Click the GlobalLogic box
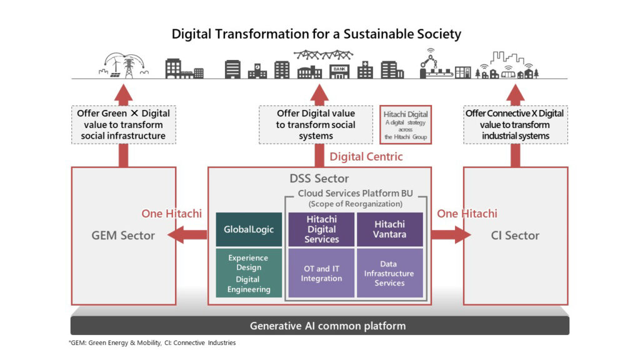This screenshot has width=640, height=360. (x=249, y=229)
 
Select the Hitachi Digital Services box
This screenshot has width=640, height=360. (x=321, y=229)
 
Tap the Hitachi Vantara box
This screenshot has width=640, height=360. (x=389, y=229)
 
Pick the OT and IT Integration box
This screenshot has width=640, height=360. (x=321, y=273)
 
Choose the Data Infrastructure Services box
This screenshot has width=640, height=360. (x=389, y=273)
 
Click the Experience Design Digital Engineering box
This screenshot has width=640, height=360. (x=249, y=273)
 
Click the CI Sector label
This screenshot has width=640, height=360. (x=515, y=236)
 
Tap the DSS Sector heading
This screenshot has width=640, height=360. (x=319, y=179)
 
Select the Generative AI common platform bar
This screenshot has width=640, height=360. (x=319, y=326)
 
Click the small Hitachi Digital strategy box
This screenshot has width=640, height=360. (x=406, y=124)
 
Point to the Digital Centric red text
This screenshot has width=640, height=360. (x=366, y=156)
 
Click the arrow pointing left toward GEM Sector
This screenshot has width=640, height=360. (x=189, y=235)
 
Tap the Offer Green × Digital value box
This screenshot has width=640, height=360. (x=123, y=124)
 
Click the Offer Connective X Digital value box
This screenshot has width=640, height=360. (x=515, y=124)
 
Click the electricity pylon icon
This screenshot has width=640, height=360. (x=129, y=65)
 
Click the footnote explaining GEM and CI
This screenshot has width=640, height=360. (x=152, y=343)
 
